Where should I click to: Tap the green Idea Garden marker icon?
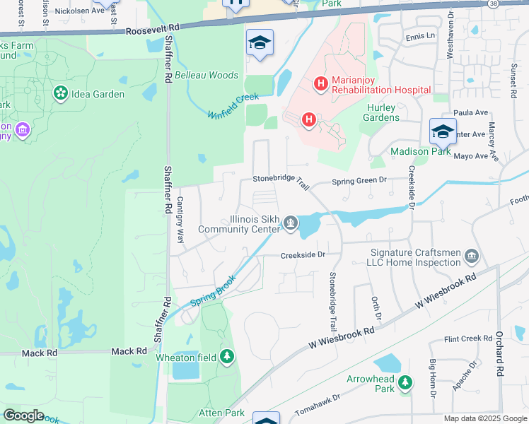pos(60,93)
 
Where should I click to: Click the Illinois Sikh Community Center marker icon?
pos(290,224)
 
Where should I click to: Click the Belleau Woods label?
pos(206,75)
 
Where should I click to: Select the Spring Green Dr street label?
pos(359,180)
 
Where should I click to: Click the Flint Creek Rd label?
pos(467,338)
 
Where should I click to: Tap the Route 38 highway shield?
pos(492,4)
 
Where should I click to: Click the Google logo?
pos(23,415)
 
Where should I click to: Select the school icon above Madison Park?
pos(443,131)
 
